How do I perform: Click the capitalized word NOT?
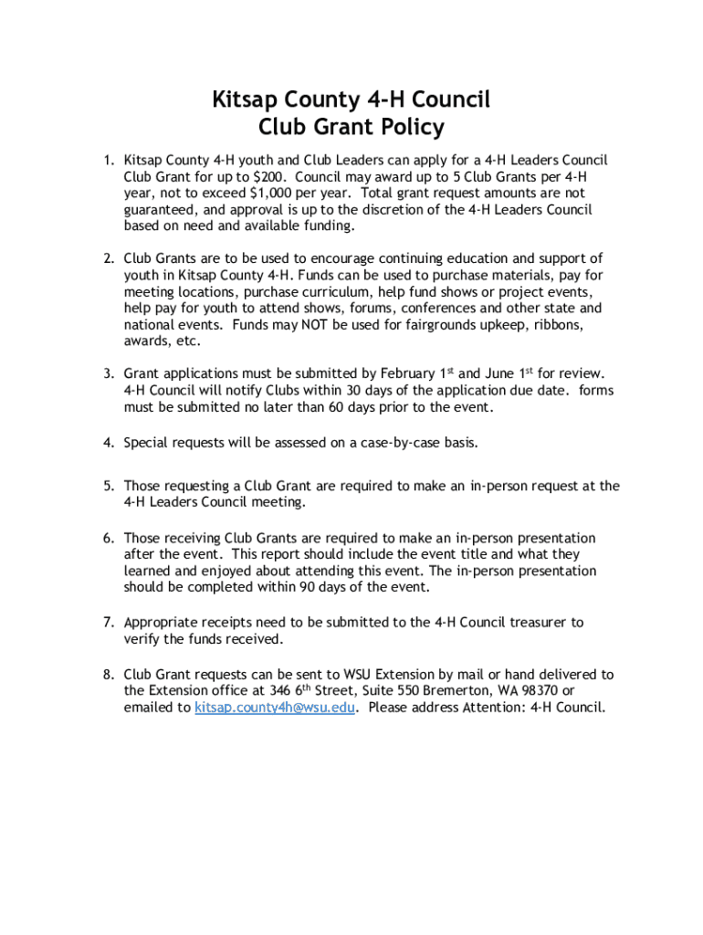tap(308, 324)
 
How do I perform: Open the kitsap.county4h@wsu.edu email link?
tap(275, 708)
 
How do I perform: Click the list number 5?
tap(108, 486)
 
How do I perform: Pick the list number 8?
tap(108, 675)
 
